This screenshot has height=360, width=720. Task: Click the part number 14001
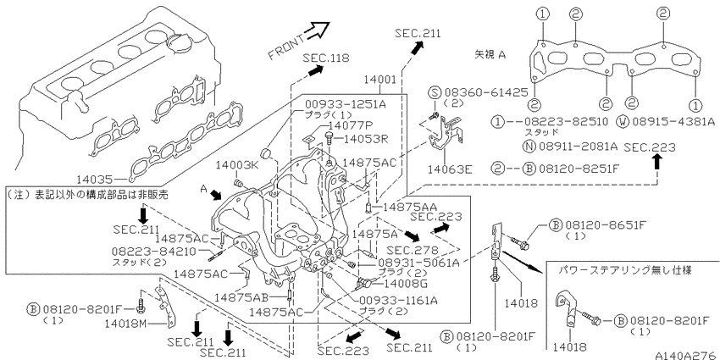pos(379,79)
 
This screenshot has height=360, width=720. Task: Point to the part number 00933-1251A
pos(346,104)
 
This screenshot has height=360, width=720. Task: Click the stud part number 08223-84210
pos(154,252)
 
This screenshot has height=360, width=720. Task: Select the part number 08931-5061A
pos(418,263)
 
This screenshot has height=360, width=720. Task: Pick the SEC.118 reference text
pos(325,58)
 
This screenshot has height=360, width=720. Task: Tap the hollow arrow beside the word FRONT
pos(317,30)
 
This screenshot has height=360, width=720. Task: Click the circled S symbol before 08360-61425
pos(435,92)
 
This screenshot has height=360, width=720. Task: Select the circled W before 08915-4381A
pos(624,122)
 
